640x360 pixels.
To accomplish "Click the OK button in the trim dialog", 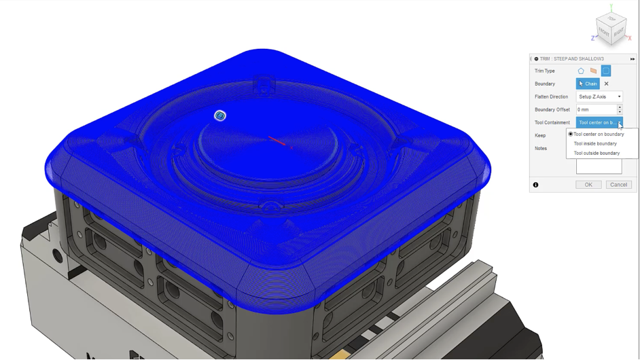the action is tap(588, 185).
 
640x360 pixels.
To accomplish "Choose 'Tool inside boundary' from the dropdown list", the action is tap(595, 144).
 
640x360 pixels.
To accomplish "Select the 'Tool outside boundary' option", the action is tap(597, 153).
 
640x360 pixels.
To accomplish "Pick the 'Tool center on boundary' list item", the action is tap(599, 134).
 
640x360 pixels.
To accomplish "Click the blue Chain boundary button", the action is tap(588, 84).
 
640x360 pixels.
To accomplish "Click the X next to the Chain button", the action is tap(606, 84).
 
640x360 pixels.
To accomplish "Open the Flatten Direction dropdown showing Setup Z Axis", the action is tap(599, 96).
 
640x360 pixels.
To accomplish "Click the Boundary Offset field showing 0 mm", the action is tap(597, 109).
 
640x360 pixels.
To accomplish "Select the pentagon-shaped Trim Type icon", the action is tap(581, 71).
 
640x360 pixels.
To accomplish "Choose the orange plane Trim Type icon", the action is tap(593, 71).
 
